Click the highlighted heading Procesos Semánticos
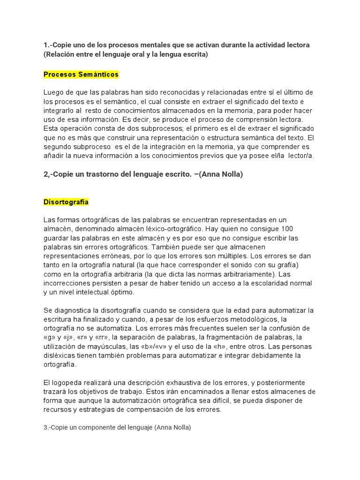pyautogui.click(x=81, y=75)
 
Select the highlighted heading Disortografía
pyautogui.click(x=66, y=202)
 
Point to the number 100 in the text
pyautogui.click(x=287, y=229)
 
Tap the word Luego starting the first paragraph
pyautogui.click(x=53, y=92)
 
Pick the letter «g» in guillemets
pyautogui.click(x=49, y=337)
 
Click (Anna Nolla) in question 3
pyautogui.click(x=172, y=427)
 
